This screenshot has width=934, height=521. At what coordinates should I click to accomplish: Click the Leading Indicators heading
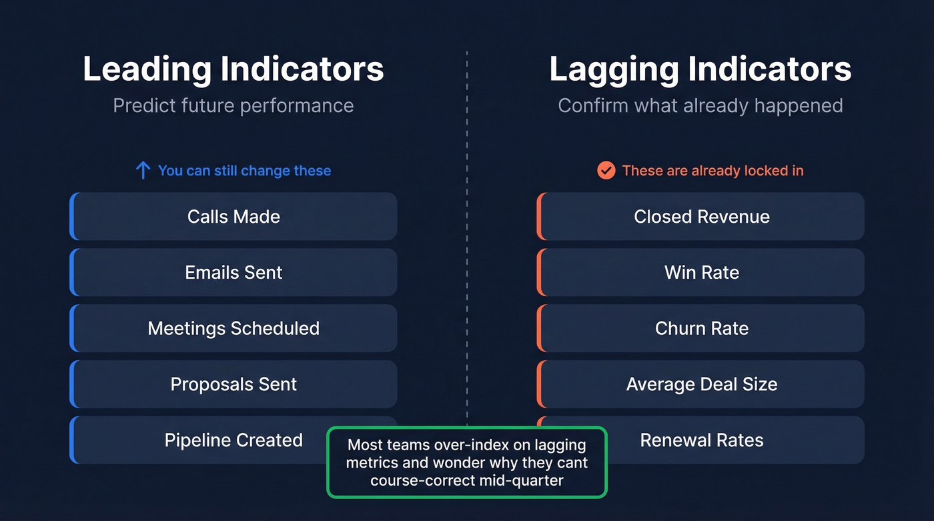[x=233, y=69]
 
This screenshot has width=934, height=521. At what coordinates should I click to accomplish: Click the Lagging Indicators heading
[x=700, y=69]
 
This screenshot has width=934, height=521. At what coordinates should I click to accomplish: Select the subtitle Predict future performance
[x=233, y=105]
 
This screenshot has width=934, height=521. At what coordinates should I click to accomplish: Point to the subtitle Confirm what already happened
[x=700, y=105]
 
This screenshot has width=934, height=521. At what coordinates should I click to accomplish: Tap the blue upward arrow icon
[x=143, y=171]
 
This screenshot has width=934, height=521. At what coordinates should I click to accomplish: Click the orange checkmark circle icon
[x=606, y=171]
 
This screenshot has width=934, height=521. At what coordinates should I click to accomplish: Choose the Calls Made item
[x=233, y=216]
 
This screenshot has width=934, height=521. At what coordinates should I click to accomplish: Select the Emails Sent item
[x=233, y=272]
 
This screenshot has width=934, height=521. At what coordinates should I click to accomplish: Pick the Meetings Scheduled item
[x=233, y=328]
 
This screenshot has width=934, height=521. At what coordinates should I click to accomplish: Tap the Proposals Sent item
[x=233, y=384]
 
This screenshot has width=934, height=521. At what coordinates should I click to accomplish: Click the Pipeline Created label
[x=233, y=440]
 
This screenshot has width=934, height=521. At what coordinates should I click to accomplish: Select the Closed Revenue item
[x=701, y=216]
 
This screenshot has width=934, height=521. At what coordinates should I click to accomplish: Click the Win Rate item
[x=701, y=272]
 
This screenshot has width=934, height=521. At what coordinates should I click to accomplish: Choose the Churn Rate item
[x=701, y=328]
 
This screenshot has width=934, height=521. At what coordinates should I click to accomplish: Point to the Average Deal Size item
[x=701, y=384]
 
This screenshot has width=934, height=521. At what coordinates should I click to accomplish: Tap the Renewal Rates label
[x=701, y=440]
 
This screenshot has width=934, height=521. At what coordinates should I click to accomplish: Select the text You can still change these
[x=244, y=171]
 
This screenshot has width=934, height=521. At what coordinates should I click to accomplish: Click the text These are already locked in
[x=713, y=171]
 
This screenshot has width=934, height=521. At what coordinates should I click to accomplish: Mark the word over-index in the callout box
[x=477, y=445]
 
